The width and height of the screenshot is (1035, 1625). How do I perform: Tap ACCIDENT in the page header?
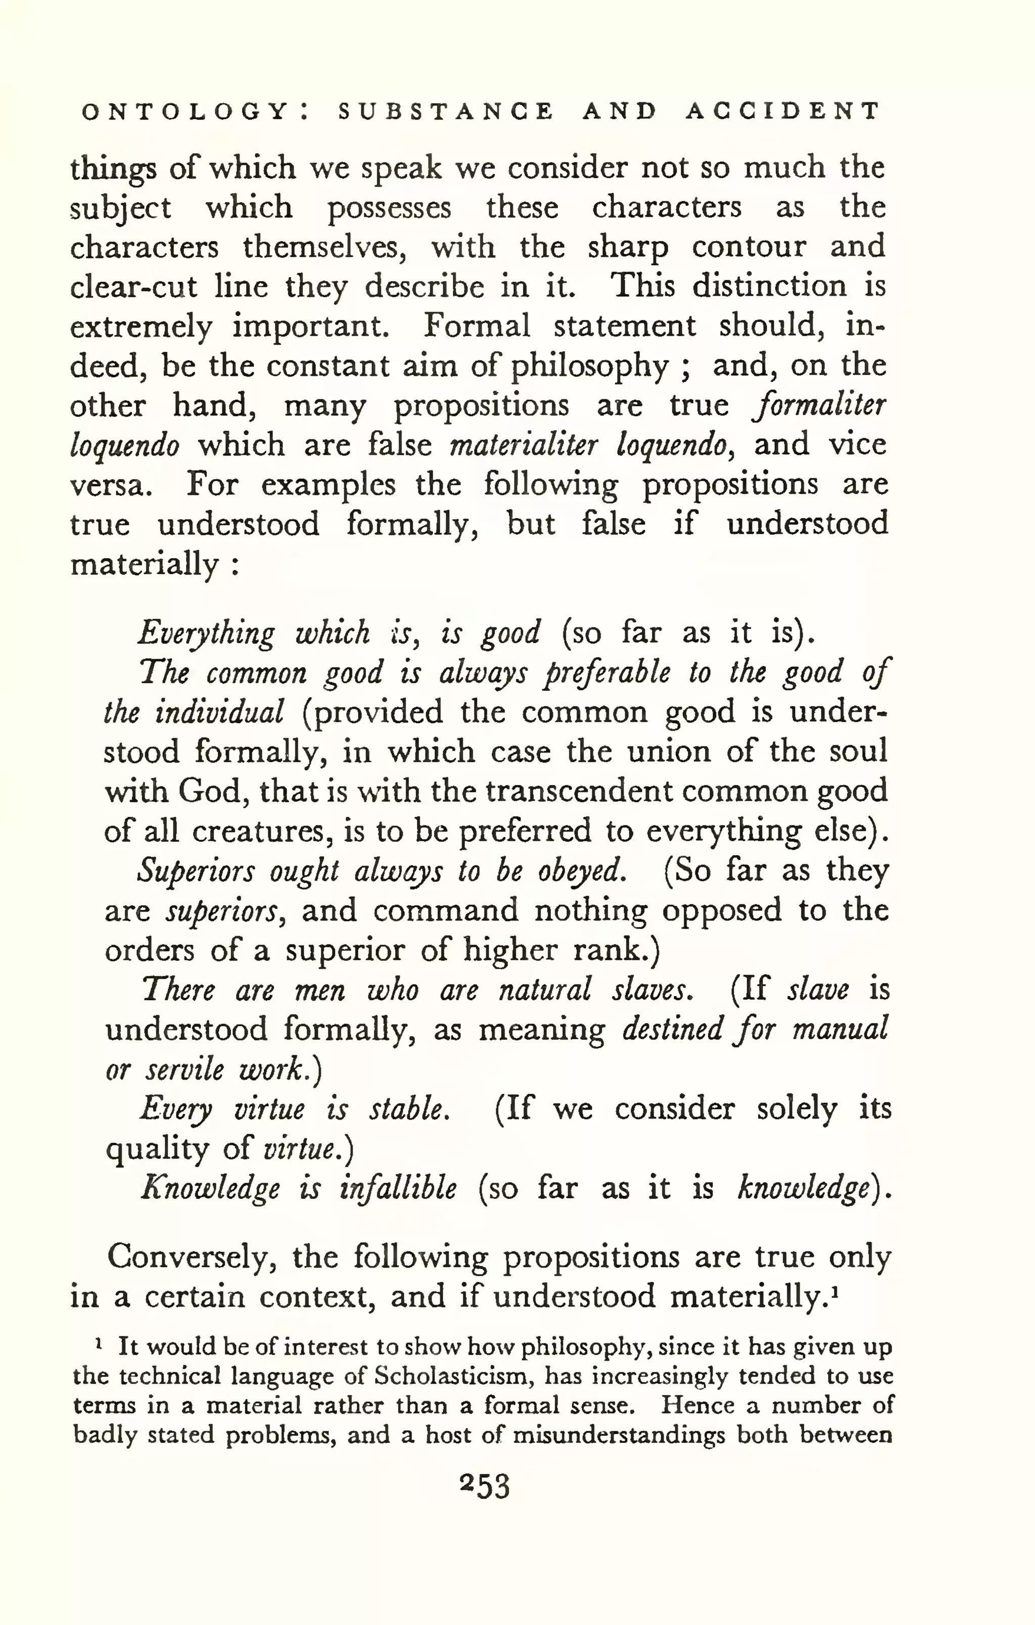point(783,111)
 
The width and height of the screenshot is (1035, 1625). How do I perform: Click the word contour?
point(749,247)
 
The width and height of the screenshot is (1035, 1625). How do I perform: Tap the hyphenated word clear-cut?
point(133,287)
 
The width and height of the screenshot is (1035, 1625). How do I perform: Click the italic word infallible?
point(398,1188)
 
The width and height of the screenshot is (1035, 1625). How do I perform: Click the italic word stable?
point(407,1109)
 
